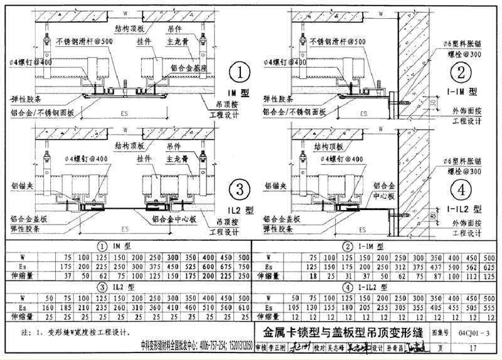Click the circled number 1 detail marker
[x=238, y=74]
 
